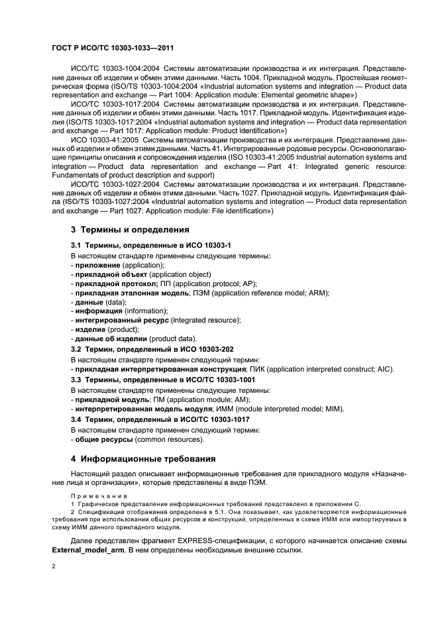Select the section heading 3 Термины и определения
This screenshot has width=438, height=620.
click(130, 230)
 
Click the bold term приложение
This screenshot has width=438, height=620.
click(97, 265)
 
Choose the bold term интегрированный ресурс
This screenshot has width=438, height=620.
click(121, 320)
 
